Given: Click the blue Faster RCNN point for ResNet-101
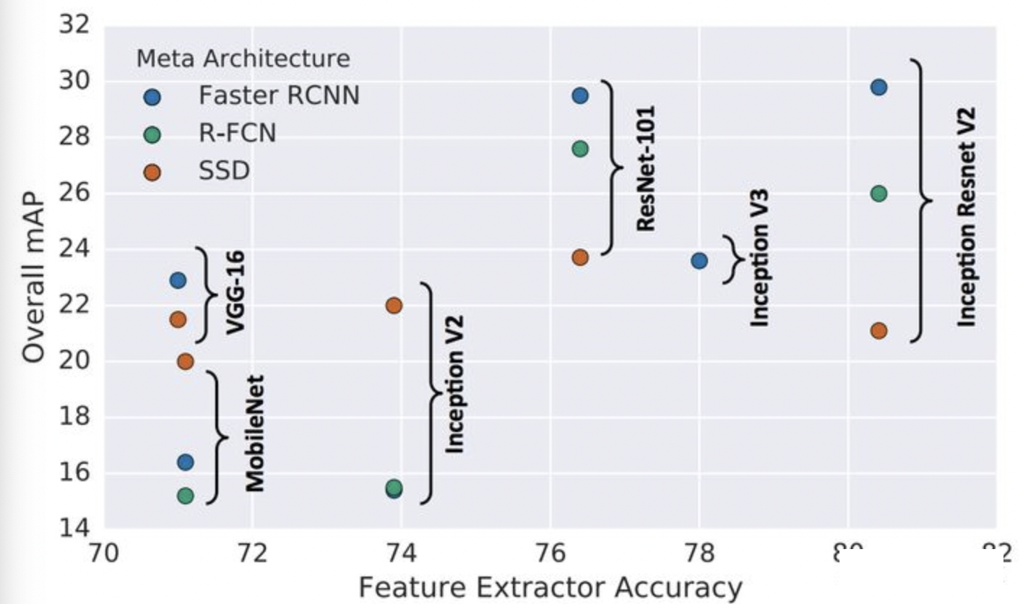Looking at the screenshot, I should point(580,95).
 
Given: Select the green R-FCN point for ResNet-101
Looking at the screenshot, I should point(580,149).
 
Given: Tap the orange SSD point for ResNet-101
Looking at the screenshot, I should point(580,257).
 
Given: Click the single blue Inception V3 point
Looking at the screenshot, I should point(699,260).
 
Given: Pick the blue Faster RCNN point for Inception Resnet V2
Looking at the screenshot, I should point(879,87).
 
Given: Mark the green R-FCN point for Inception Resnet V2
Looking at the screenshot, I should point(879,194).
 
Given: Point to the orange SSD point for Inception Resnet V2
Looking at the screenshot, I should point(879,331).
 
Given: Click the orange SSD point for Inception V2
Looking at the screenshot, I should point(394,305).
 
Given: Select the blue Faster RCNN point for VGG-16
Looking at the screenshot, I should point(178,280).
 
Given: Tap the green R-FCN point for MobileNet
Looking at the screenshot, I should point(186,496).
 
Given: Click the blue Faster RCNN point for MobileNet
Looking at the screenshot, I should point(186,462).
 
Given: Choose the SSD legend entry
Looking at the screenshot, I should point(223,172).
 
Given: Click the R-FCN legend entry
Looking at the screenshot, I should point(238,134).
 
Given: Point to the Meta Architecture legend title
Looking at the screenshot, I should point(243,59).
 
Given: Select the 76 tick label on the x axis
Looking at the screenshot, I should point(551,556).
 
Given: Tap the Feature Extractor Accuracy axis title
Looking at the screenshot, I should point(551,587).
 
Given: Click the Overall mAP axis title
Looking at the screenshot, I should point(34,278).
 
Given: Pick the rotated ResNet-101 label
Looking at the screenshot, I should point(645,168).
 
